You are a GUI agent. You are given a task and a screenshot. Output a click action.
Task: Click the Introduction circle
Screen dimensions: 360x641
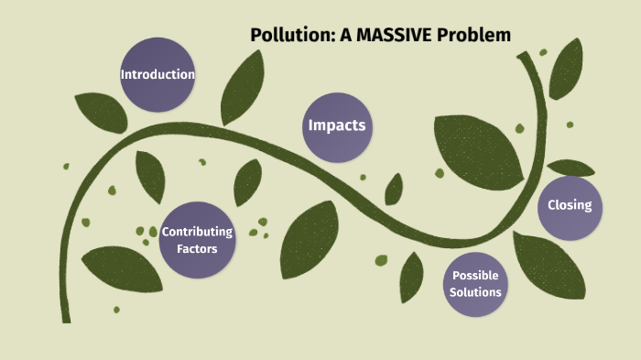[x=158, y=74]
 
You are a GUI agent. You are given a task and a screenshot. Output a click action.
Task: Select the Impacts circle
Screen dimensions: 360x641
[x=337, y=126]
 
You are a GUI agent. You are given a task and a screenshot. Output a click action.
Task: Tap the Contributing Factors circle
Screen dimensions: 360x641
[x=197, y=240]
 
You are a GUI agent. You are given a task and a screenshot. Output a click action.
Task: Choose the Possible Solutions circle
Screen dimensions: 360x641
[x=476, y=284]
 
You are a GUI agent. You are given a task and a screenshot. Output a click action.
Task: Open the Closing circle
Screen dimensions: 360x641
[x=570, y=206]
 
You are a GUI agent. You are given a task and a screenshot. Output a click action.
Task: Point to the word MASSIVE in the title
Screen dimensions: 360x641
[x=406, y=36]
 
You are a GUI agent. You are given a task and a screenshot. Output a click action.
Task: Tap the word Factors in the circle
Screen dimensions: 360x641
[x=197, y=248]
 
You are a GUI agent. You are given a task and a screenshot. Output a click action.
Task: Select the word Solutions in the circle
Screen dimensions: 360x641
[x=476, y=292]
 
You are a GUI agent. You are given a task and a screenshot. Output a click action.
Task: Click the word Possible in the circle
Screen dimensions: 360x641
[x=476, y=276]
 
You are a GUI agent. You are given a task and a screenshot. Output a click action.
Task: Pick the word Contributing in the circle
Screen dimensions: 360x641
[x=197, y=232]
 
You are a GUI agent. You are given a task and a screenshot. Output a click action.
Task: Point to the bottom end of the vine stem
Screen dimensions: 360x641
[x=66, y=319]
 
